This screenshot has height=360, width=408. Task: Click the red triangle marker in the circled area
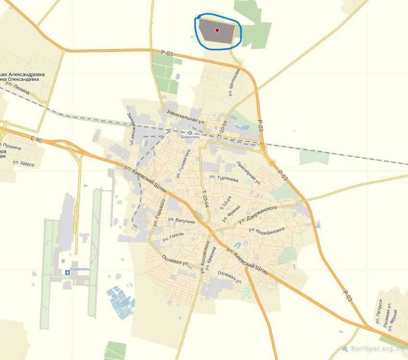pyautogui.click(x=217, y=31)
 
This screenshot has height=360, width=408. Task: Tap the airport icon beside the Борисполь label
pyautogui.click(x=67, y=273)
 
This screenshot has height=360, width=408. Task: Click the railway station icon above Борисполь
pyautogui.click(x=190, y=132)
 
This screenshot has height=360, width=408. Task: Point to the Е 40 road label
pyautogui.click(x=36, y=139)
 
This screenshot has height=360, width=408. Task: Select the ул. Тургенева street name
pyautogui.click(x=223, y=177)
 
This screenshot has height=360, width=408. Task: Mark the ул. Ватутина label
pyautogui.click(x=181, y=220)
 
